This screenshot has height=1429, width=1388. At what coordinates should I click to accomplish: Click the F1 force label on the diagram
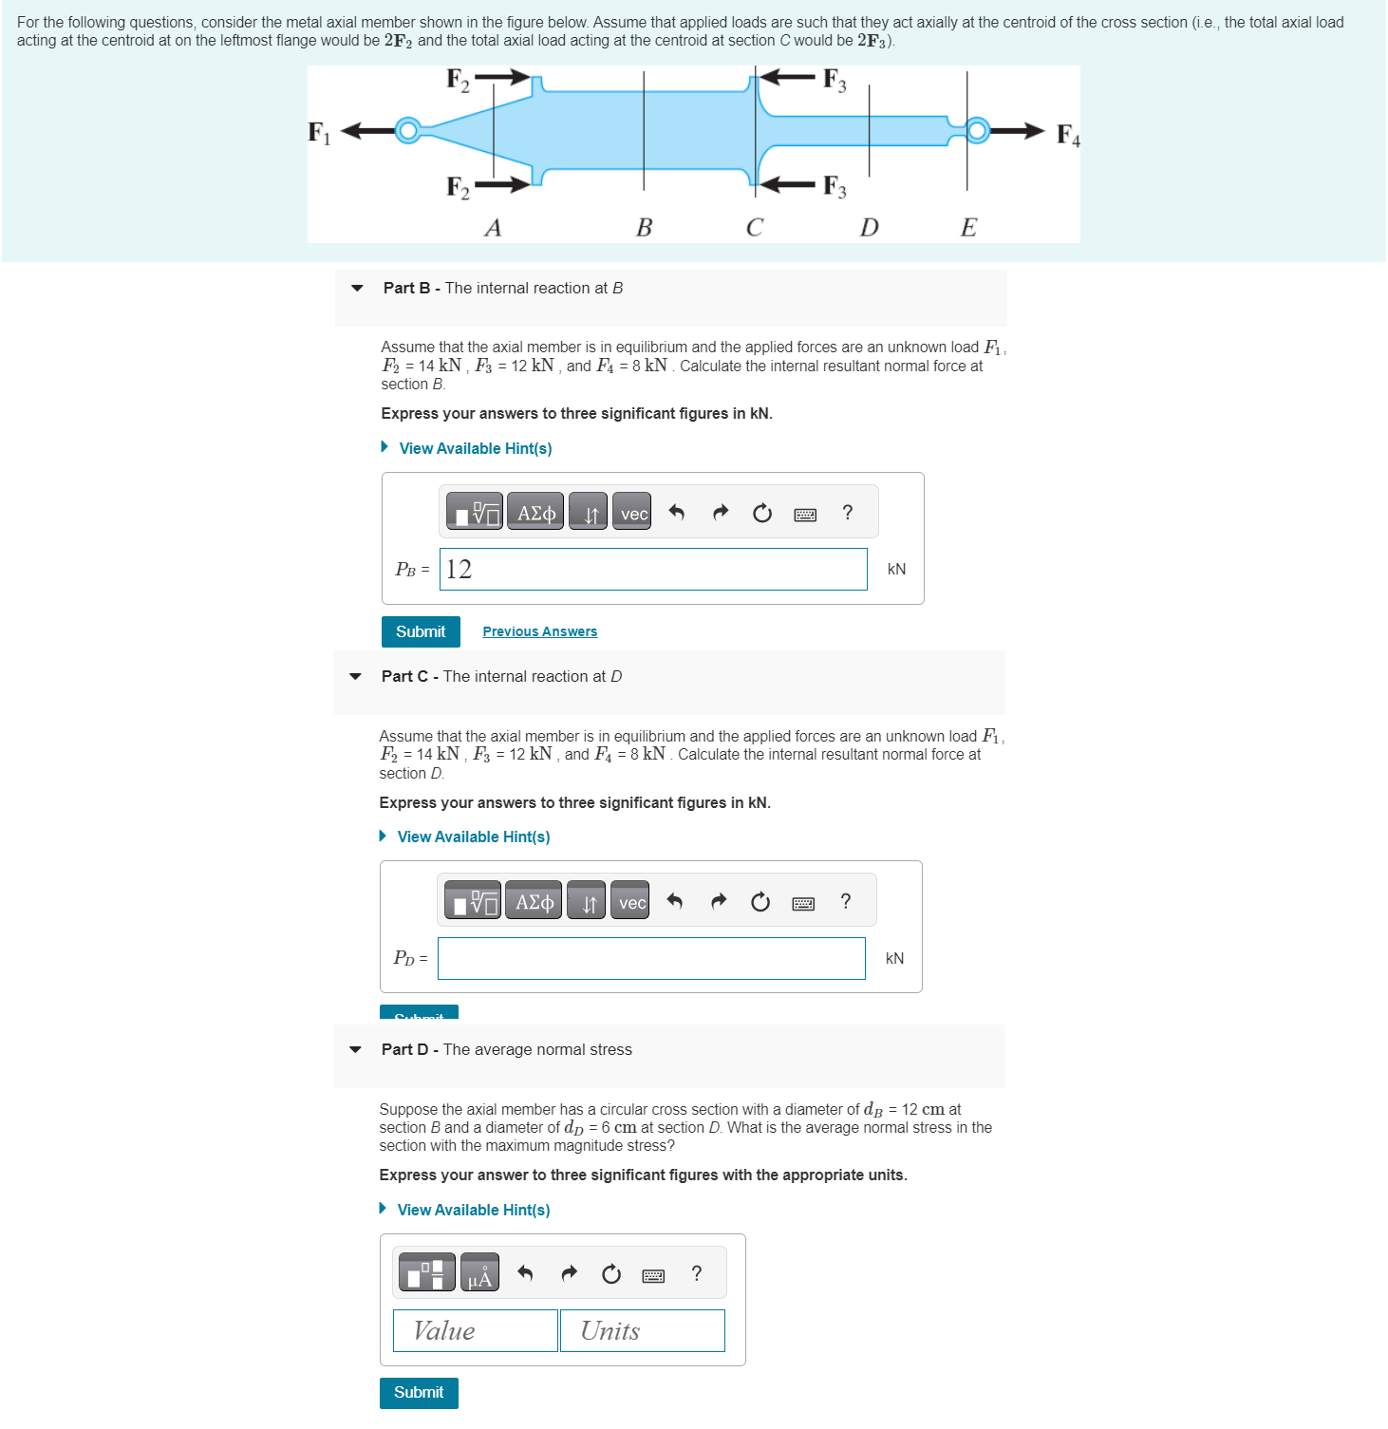tap(319, 132)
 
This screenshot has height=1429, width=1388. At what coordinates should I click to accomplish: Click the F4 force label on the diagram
tap(1067, 135)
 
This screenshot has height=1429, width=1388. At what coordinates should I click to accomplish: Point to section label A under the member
tap(493, 228)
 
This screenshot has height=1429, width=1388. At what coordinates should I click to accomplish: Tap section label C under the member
tap(754, 228)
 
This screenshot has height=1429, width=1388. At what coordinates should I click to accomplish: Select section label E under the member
tap(968, 228)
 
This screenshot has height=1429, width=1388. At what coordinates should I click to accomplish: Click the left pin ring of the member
tap(408, 130)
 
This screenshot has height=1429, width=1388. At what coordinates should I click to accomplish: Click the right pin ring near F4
tap(977, 130)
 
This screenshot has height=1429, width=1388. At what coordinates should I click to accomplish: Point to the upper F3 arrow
tap(787, 77)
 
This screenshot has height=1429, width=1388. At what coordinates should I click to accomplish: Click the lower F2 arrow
tap(502, 184)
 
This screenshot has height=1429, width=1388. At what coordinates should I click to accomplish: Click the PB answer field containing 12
tap(653, 570)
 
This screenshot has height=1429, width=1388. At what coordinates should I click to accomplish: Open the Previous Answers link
tap(539, 631)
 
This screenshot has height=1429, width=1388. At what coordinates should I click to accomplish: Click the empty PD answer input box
tap(651, 959)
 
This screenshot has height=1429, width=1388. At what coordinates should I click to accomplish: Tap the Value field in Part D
tap(475, 1331)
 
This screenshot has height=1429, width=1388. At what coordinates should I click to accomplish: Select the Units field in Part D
tap(642, 1331)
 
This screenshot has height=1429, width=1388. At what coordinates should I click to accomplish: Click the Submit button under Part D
tap(419, 1393)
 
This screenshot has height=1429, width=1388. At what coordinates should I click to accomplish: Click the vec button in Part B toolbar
tap(632, 513)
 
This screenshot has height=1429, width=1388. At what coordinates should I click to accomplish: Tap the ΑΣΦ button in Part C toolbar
tap(534, 901)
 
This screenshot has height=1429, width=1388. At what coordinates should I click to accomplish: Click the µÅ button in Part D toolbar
tap(479, 1273)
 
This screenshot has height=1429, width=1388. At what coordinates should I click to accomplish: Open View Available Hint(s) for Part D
tap(473, 1210)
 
